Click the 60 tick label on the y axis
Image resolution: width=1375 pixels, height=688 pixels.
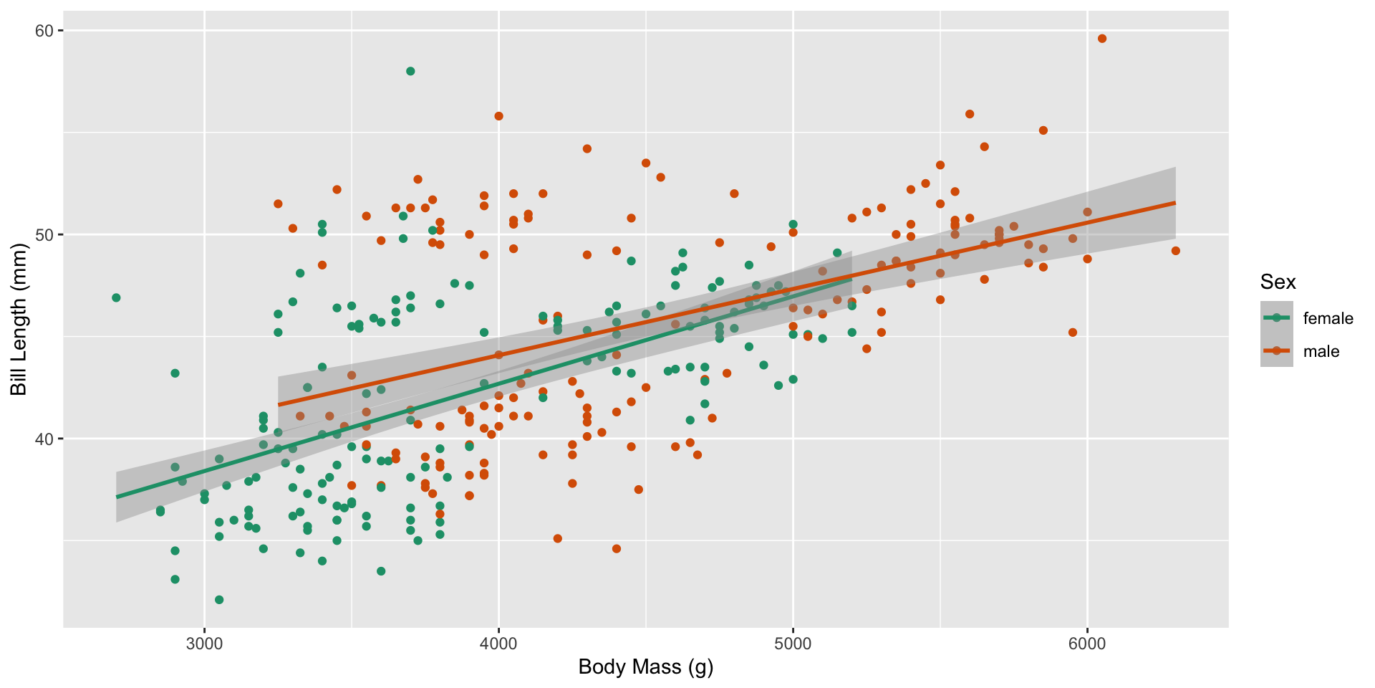click(x=44, y=31)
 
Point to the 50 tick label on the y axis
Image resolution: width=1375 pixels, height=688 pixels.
click(x=44, y=235)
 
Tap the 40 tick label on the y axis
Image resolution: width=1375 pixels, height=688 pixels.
click(x=44, y=439)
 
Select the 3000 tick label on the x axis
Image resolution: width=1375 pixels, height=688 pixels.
click(x=204, y=643)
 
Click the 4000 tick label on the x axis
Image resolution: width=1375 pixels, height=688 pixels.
click(x=498, y=643)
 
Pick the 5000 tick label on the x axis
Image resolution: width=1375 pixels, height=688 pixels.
click(x=793, y=643)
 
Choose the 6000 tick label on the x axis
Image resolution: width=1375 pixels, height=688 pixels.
click(x=1087, y=643)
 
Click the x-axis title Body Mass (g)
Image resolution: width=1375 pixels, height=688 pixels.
click(x=645, y=667)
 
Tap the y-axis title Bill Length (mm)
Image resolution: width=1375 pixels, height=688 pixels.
click(x=19, y=319)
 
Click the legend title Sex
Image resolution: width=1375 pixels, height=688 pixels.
click(x=1278, y=282)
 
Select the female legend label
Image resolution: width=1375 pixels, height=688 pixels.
click(x=1328, y=318)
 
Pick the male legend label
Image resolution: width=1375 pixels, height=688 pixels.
click(x=1321, y=351)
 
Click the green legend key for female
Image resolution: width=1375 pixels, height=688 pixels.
click(x=1276, y=317)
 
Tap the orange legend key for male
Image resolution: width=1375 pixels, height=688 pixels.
click(x=1276, y=350)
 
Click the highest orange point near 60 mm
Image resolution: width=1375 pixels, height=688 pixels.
click(x=1102, y=39)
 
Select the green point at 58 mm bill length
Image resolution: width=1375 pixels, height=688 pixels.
click(x=410, y=71)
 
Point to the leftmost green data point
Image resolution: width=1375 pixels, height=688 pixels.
click(x=116, y=297)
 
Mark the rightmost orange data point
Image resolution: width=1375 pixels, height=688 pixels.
click(x=1175, y=251)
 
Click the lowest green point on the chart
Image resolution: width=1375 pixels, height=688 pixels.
click(x=219, y=600)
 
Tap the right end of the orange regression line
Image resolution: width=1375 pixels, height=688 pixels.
click(x=1175, y=203)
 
